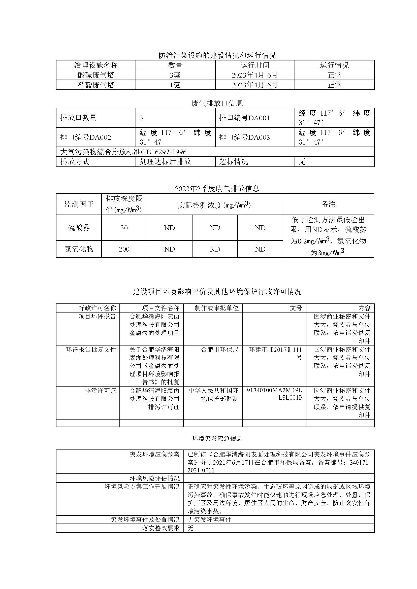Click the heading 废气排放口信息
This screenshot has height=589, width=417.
point(217,103)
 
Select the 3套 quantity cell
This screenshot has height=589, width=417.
point(175,75)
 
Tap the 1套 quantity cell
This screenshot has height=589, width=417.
point(175,85)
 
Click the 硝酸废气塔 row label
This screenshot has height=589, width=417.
point(96,85)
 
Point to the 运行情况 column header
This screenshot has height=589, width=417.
point(334,65)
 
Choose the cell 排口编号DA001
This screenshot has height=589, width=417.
point(244,118)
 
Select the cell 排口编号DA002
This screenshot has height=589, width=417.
point(85,137)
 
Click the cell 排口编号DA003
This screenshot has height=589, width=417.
point(244,137)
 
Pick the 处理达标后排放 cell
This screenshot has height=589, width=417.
point(165,162)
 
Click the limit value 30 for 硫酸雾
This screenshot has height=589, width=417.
point(124,228)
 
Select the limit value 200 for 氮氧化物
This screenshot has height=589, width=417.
point(124,249)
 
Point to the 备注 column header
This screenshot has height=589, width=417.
point(328,204)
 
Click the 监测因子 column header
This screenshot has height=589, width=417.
point(79,204)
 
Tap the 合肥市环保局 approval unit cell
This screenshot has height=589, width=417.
point(220,349)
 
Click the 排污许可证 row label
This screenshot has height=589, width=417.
point(100,391)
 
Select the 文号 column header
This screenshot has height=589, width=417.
point(296,308)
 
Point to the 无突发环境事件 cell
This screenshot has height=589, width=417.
point(210,520)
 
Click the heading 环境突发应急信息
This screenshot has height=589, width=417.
point(217,438)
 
